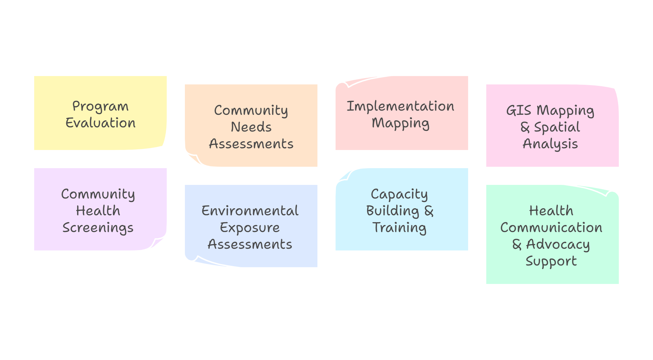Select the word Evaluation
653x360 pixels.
coord(100,123)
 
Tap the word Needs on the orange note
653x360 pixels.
coord(251,127)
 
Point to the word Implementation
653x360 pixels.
coord(400,106)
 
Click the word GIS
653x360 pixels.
coord(519,110)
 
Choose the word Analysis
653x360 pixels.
coord(550,144)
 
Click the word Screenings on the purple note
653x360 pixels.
coord(98,228)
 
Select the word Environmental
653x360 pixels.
coord(250,211)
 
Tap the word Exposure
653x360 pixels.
coord(250,227)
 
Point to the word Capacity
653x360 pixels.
coord(399,194)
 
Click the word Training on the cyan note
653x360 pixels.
coord(399,228)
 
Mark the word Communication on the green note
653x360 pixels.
coord(551,227)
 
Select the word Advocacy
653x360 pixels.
coord(558,244)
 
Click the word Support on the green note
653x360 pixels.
coord(551,261)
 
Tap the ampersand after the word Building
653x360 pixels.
coord(429,211)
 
